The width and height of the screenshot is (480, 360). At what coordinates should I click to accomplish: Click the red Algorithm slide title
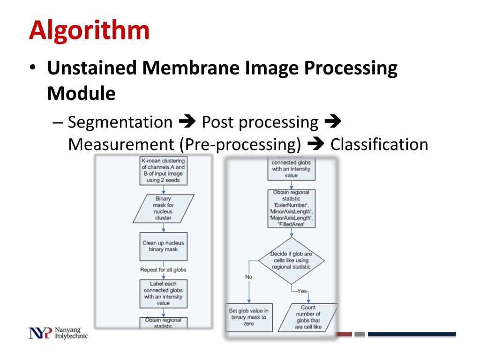coord(89,31)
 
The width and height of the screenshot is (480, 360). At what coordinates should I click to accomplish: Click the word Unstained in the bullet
coord(91,68)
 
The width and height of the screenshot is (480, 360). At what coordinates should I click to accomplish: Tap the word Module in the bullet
coord(81,93)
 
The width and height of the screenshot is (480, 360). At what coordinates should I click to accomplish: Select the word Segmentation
coord(120,122)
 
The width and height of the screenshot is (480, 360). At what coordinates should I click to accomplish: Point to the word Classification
coord(379,144)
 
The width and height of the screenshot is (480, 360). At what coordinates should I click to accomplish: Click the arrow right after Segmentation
coord(187,123)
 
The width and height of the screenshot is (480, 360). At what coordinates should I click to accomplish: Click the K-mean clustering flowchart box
coord(163,171)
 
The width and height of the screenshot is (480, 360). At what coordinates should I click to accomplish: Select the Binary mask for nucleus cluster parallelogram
coord(163,208)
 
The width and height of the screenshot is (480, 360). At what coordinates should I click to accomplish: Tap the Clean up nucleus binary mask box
coord(163,246)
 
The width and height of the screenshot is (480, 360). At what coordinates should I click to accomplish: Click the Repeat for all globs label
coord(163,270)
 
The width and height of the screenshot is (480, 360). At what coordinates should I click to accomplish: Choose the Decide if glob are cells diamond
coord(291,261)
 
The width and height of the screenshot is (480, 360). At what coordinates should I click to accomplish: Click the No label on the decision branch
coord(248,277)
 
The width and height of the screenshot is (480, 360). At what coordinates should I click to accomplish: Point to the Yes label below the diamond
coord(302,291)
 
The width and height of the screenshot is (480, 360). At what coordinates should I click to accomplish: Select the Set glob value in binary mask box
coord(249,317)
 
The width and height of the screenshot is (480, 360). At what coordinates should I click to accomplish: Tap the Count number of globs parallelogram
coord(308,317)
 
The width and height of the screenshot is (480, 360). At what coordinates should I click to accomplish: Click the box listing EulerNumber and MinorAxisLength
coord(292,209)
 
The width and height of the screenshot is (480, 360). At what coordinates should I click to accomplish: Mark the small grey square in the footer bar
coord(360,334)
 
